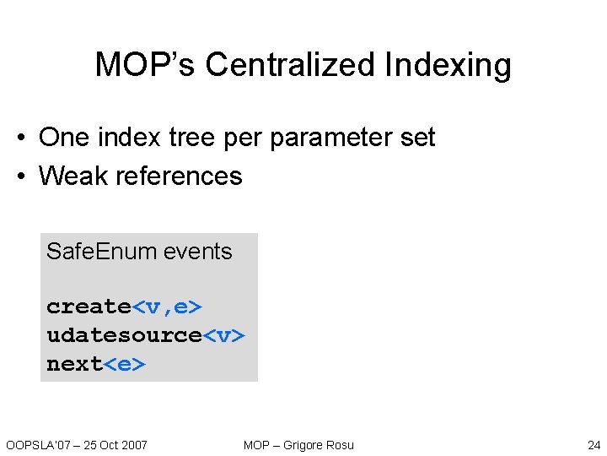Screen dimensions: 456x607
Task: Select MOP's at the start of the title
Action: [x=146, y=65]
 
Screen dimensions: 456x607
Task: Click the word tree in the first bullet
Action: [x=191, y=137]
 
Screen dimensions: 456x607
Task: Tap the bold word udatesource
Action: [x=124, y=335]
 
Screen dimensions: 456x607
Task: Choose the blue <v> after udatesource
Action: [x=223, y=335]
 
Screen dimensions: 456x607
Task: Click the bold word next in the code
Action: [x=74, y=364]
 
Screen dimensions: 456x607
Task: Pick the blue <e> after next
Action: [x=124, y=364]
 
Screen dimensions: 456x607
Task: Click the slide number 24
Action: [x=594, y=445]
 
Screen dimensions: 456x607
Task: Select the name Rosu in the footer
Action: [x=341, y=445]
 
